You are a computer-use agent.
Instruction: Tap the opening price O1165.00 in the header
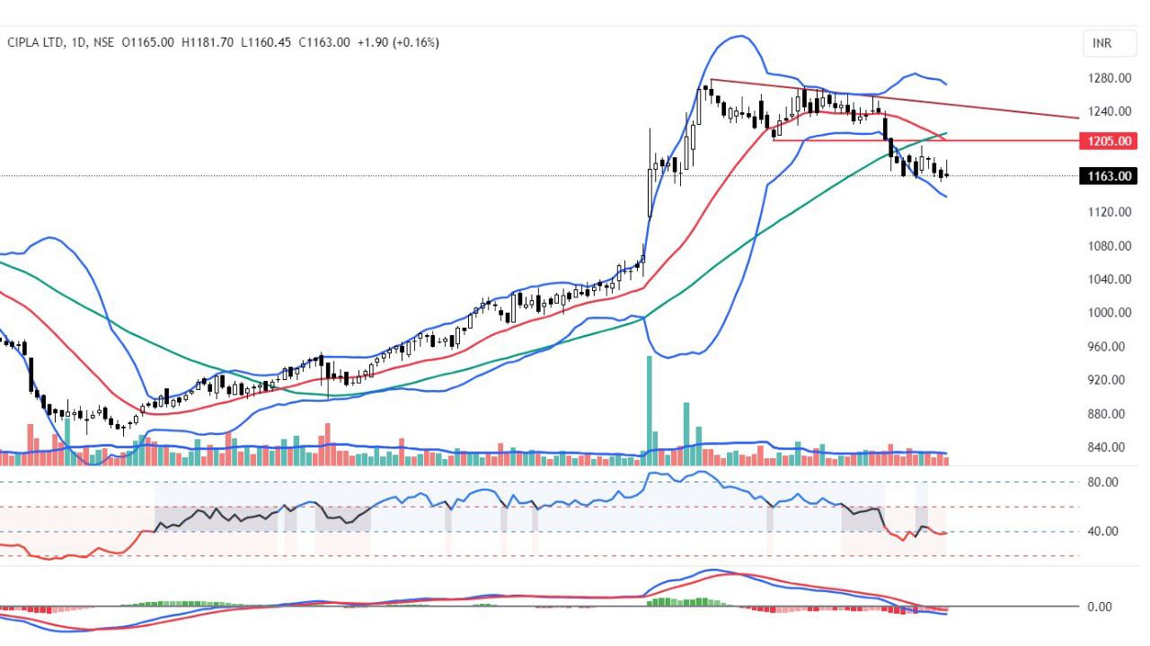[x=147, y=42]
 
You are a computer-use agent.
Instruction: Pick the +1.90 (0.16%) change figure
[x=398, y=42]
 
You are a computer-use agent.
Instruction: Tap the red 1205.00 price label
[x=1110, y=141]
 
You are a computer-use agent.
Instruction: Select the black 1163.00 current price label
[x=1110, y=176]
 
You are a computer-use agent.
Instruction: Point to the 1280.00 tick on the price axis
[x=1110, y=78]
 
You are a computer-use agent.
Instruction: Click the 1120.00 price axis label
[x=1110, y=212]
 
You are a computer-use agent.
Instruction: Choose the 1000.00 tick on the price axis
[x=1110, y=313]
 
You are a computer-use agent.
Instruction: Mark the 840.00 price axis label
[x=1110, y=447]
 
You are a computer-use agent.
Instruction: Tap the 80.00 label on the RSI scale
[x=1102, y=482]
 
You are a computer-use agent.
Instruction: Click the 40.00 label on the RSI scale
[x=1102, y=532]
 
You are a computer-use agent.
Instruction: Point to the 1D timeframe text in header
[x=79, y=42]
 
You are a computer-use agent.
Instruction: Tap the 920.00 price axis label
[x=1110, y=380]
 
